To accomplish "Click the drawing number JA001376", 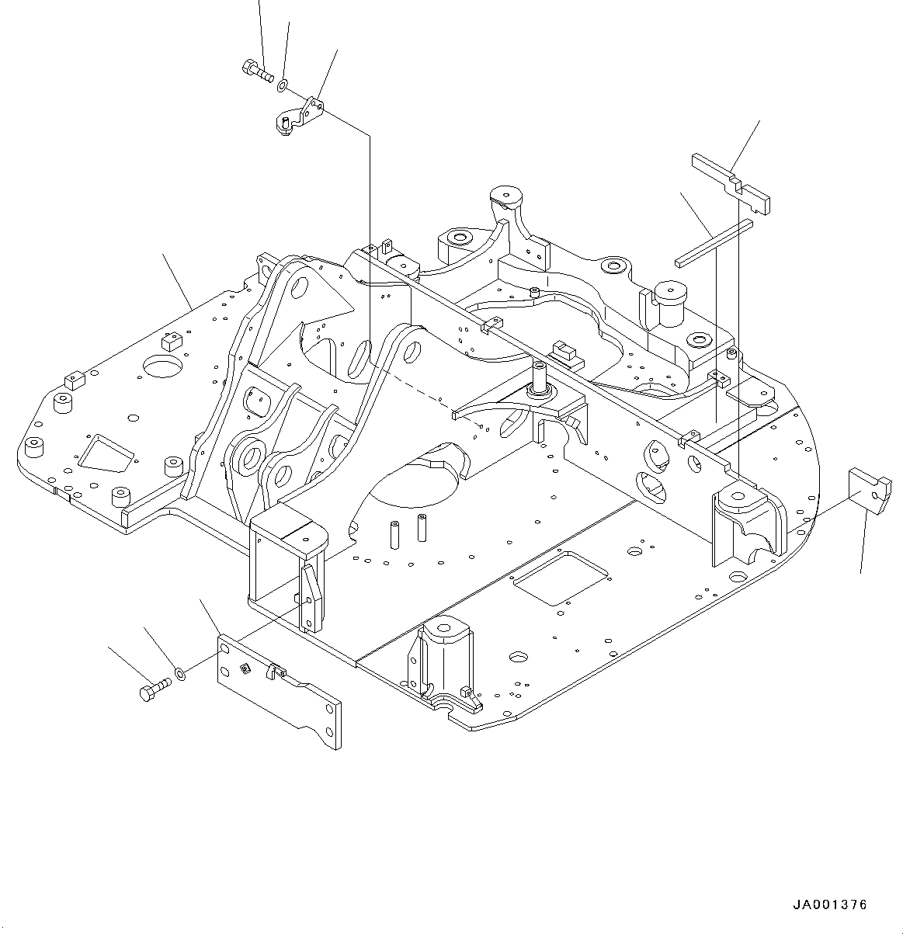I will [830, 904].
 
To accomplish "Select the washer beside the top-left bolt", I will [283, 83].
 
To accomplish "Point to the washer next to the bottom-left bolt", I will [180, 673].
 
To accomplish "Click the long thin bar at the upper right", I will [714, 242].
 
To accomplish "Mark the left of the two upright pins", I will [394, 533].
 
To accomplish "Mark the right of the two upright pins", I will [422, 527].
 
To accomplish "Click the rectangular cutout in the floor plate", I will [558, 578].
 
